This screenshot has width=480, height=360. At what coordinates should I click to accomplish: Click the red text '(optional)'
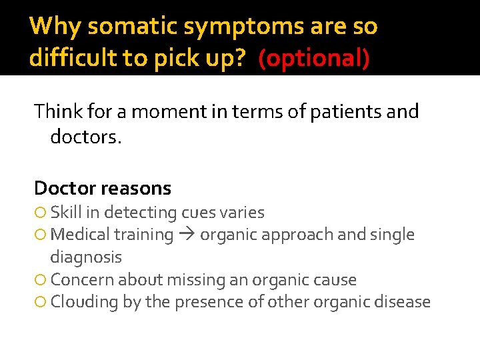coord(313,59)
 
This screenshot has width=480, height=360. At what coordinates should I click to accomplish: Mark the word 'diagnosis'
coord(86,257)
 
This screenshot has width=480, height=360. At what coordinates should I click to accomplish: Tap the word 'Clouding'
coord(84,302)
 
